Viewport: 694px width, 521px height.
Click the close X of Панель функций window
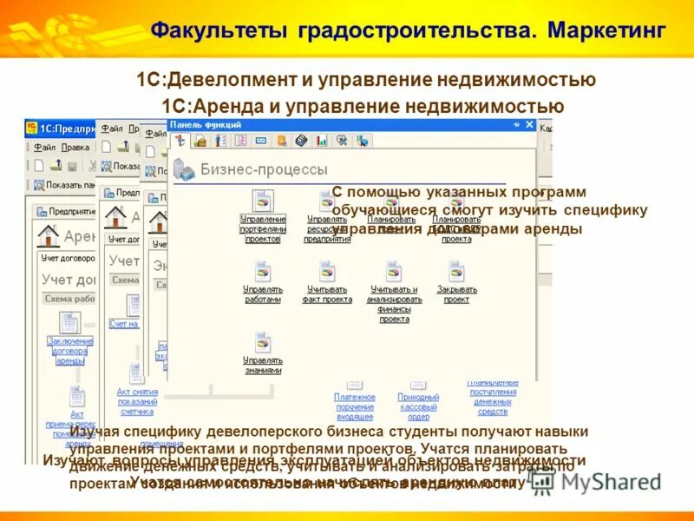pyautogui.click(x=529, y=125)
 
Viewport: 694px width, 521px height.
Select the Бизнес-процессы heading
pyautogui.click(x=264, y=169)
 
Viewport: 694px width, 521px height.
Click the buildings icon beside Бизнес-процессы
pyautogui.click(x=183, y=168)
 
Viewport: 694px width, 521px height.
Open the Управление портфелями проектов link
pyautogui.click(x=263, y=229)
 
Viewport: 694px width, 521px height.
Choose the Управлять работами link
pyautogui.click(x=262, y=294)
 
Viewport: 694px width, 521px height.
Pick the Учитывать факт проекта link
pyautogui.click(x=327, y=294)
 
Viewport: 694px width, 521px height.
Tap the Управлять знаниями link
pyautogui.click(x=262, y=365)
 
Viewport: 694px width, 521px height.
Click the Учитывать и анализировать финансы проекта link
pyautogui.click(x=394, y=304)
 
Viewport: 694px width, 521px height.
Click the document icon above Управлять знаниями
pyautogui.click(x=262, y=342)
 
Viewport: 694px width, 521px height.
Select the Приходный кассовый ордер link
pyautogui.click(x=418, y=406)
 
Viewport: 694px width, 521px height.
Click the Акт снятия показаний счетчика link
pyautogui.click(x=136, y=401)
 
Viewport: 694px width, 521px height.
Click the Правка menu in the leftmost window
pyautogui.click(x=75, y=148)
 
